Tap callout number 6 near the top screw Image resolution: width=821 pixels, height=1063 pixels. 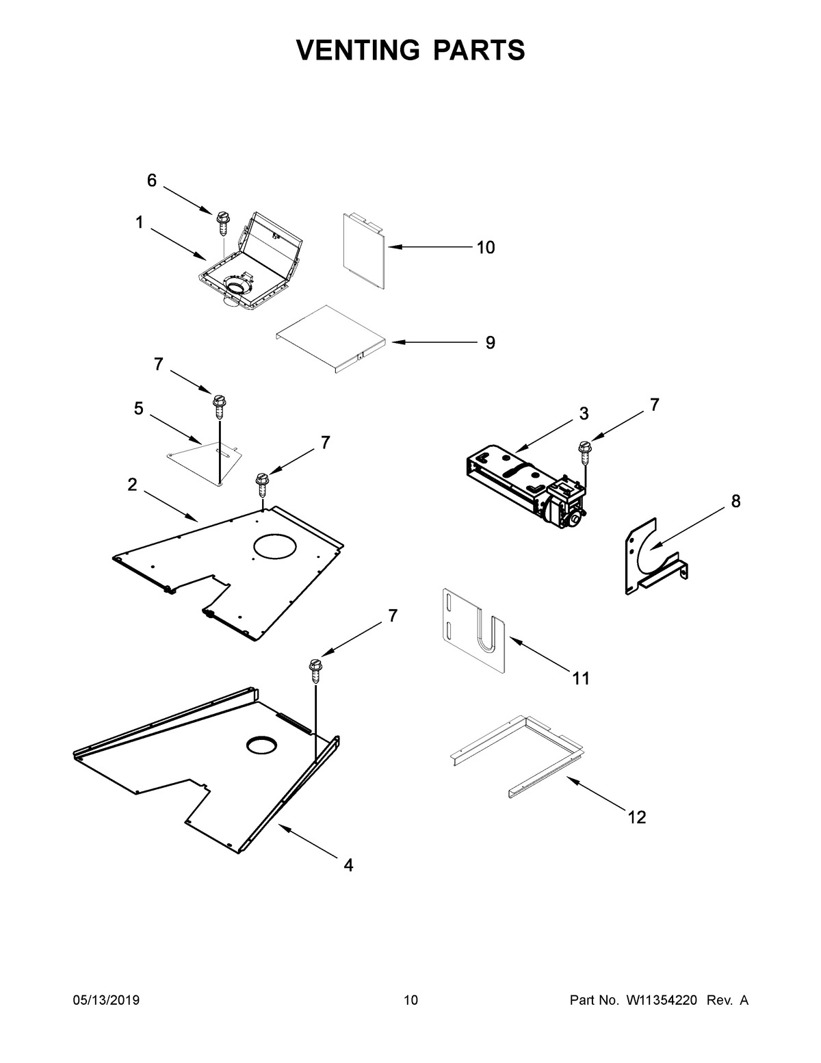[151, 181]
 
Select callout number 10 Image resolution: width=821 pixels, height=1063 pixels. [486, 248]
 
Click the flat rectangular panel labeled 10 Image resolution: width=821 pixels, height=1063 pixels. [363, 250]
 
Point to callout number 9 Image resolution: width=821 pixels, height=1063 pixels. [490, 342]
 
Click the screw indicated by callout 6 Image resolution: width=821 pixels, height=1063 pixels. [222, 222]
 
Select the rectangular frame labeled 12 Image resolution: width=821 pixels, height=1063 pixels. [520, 753]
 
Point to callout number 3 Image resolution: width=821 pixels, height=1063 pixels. [584, 413]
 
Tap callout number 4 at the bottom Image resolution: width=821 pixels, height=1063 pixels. [348, 865]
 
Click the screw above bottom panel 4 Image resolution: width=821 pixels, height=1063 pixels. [315, 669]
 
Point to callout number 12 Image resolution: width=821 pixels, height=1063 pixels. [636, 817]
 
